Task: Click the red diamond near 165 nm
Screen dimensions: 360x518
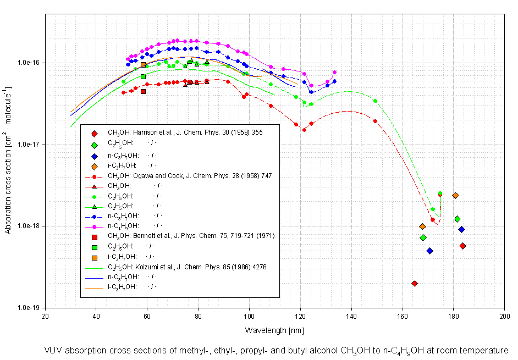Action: tap(414, 284)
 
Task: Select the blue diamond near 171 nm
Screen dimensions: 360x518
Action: tap(429, 251)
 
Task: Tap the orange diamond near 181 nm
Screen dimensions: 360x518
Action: tap(455, 196)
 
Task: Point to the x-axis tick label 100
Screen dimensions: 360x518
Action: tap(249, 317)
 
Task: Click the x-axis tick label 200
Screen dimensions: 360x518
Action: tap(504, 317)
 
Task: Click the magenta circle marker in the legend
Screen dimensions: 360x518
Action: tap(95, 226)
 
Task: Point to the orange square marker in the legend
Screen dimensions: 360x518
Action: tap(95, 257)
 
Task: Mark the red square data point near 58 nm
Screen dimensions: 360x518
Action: tap(143, 91)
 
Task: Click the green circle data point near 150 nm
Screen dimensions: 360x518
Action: tap(375, 101)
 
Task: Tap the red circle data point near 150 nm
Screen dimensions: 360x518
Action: tap(375, 121)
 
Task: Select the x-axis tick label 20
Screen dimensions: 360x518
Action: tap(46, 317)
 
